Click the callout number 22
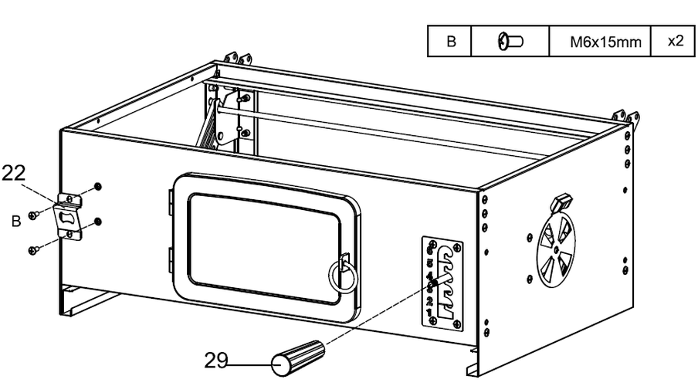(x=14, y=173)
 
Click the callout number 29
(x=216, y=361)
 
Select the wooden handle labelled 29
(x=298, y=358)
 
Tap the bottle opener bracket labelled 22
(x=69, y=217)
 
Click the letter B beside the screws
(x=16, y=222)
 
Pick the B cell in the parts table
(x=451, y=42)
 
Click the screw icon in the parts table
(x=510, y=42)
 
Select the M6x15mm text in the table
(x=605, y=42)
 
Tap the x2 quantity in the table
(x=676, y=40)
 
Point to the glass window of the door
(x=265, y=249)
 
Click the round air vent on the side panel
(x=556, y=250)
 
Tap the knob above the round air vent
(x=560, y=203)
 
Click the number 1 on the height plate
(x=429, y=312)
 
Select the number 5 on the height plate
(x=429, y=262)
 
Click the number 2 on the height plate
(x=429, y=301)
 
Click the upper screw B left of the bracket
(x=33, y=215)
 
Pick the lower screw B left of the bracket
(x=33, y=251)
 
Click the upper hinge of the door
(x=171, y=201)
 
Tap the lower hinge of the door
(x=171, y=261)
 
